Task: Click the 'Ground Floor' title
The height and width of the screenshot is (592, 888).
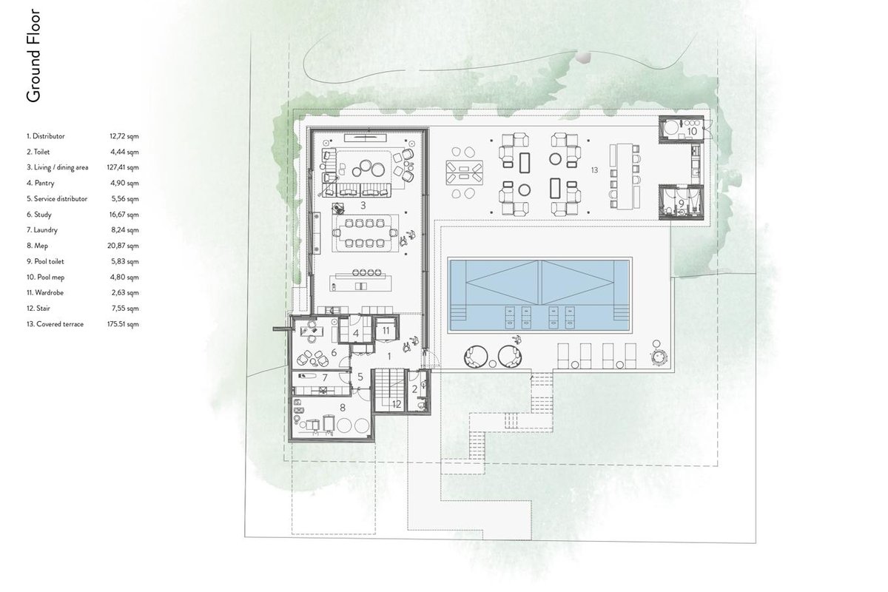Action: coord(34,56)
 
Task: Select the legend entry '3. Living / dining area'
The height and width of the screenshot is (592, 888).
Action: coord(58,167)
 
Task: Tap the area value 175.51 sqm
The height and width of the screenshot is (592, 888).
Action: coord(123,324)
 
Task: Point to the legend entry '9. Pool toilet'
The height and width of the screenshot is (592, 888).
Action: coord(45,261)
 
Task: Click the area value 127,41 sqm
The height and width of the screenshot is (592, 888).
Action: coord(123,167)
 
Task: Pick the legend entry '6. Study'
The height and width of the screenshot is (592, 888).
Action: coord(38,215)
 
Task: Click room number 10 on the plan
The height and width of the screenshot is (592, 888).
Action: coord(692,131)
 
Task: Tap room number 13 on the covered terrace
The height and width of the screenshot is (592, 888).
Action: coord(594,170)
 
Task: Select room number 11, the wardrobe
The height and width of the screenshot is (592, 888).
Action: coord(386,330)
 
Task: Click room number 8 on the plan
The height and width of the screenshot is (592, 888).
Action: coord(343,407)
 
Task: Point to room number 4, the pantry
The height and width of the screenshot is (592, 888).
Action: coord(356,334)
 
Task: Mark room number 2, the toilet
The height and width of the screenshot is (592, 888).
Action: coord(414,389)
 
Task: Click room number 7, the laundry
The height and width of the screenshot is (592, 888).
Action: coord(325,378)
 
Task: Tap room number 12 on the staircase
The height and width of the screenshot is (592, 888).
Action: coord(397,404)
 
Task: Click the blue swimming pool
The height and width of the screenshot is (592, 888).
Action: coord(539,296)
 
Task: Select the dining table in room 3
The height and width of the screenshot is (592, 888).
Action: coord(365,233)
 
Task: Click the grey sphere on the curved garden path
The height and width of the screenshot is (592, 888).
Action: coord(583,57)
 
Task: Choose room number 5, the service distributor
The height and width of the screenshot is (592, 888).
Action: coord(360,377)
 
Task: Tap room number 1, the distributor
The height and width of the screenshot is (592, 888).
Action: coord(389,357)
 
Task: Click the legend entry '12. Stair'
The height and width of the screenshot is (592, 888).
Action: coord(38,308)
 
